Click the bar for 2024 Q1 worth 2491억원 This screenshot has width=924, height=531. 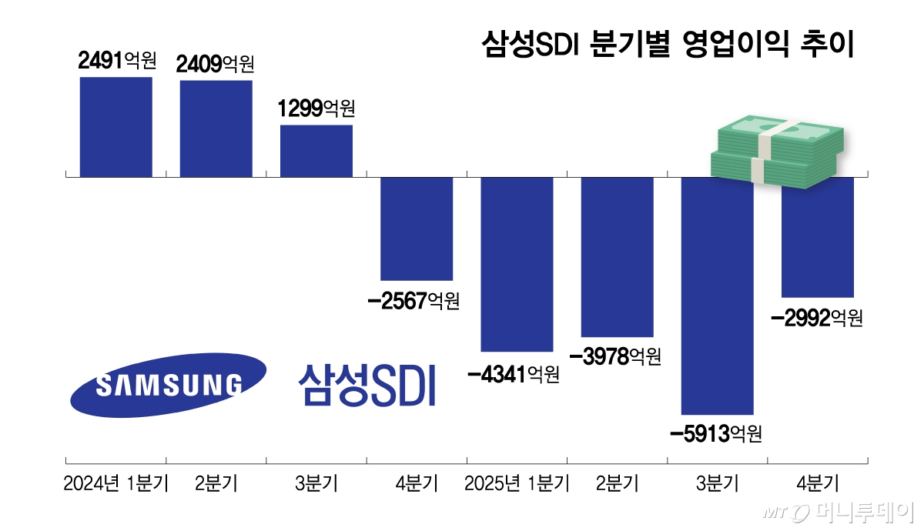tap(116, 127)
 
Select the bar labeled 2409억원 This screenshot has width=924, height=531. tap(216, 129)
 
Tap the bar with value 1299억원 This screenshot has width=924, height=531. tap(316, 151)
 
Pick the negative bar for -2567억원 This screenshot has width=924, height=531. tap(417, 229)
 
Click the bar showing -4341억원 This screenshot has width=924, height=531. tap(517, 264)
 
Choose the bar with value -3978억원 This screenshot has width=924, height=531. tap(617, 257)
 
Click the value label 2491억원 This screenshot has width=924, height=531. tap(117, 60)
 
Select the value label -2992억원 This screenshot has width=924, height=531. tap(817, 317)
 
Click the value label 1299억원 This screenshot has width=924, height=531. tap(316, 108)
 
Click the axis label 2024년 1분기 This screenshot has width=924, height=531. tap(115, 484)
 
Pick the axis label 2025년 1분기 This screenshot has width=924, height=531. tap(517, 484)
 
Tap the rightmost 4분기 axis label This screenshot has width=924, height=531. tap(817, 484)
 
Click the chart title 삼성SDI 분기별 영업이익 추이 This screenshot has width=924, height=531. tap(668, 44)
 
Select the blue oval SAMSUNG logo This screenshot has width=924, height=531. tap(169, 384)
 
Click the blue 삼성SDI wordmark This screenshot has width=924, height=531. tap(367, 385)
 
